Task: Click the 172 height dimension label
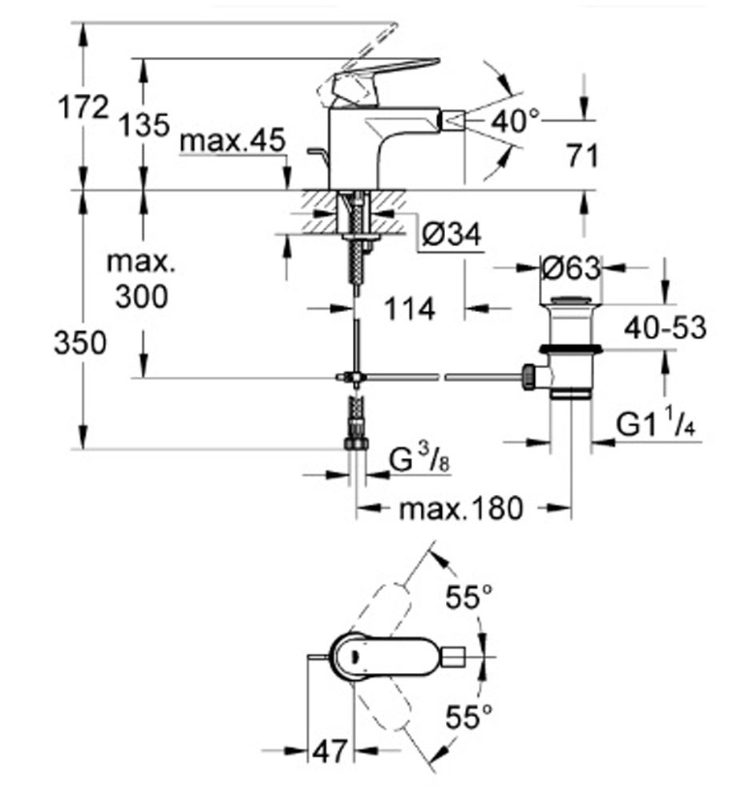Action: click(83, 107)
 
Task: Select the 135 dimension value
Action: click(144, 125)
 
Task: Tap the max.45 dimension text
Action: click(233, 140)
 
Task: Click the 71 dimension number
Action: click(583, 156)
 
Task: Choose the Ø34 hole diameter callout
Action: click(451, 235)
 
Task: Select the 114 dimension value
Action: click(410, 309)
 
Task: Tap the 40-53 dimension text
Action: click(665, 328)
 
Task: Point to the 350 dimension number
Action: click(80, 342)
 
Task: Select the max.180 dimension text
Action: click(461, 508)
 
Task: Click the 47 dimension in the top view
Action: click(330, 751)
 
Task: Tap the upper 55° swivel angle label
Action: click(469, 598)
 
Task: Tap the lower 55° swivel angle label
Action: click(469, 717)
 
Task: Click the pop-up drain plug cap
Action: click(570, 300)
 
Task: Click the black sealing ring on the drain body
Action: click(570, 349)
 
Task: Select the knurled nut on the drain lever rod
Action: click(528, 376)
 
